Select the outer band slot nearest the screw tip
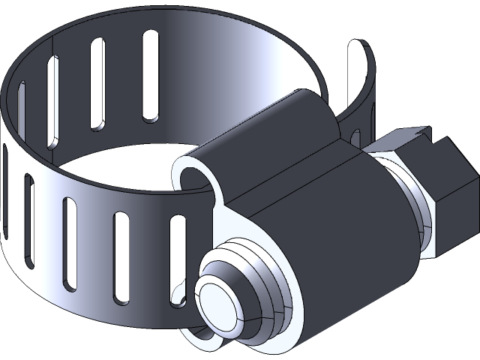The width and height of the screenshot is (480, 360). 178,255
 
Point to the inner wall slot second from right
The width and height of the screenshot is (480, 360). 98,82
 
